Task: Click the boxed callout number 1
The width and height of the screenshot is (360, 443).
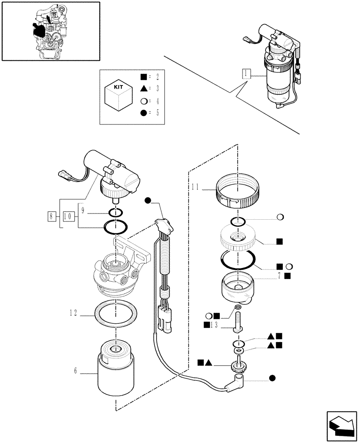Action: click(247, 74)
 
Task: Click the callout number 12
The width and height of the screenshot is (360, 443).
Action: click(74, 313)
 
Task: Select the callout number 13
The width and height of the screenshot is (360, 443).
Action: click(214, 325)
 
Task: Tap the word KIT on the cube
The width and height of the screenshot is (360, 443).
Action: click(118, 87)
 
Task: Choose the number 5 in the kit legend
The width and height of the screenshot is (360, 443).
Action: click(157, 113)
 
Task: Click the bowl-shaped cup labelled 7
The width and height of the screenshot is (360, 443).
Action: click(238, 289)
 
